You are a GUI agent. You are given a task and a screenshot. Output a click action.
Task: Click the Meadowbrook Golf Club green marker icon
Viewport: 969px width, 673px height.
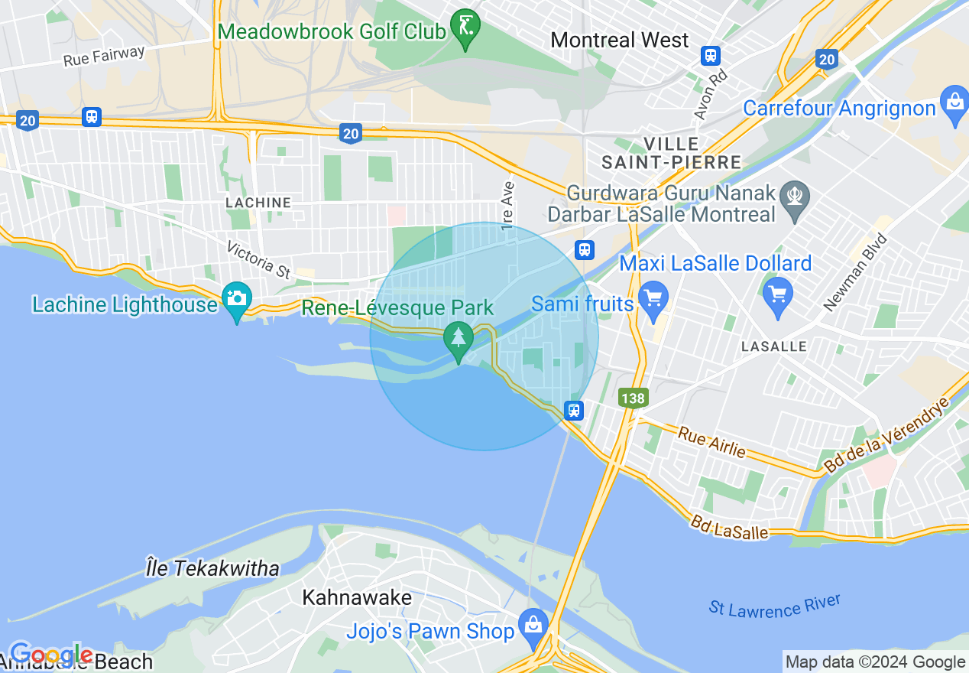coord(465,28)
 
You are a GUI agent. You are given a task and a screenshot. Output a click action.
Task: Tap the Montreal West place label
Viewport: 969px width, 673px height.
coord(620,40)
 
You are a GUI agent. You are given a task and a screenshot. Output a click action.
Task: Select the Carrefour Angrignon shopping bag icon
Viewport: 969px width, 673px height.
coord(954,106)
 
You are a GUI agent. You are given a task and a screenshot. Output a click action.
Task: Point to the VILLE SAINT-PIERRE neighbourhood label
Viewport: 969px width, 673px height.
coord(671,153)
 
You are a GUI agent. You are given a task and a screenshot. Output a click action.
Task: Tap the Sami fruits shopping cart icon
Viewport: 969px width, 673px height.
coord(653,299)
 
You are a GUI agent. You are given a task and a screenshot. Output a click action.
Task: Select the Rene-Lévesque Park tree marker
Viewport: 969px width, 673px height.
coord(459,340)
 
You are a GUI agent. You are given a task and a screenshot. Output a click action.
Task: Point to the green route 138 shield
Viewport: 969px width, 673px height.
coord(634,398)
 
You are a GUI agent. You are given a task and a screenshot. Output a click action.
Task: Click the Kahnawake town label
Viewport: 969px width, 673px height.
coord(357,597)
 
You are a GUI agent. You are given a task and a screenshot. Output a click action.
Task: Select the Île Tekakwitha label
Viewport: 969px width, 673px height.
coord(212,568)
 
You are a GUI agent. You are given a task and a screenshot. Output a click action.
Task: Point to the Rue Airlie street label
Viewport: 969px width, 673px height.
coord(711,442)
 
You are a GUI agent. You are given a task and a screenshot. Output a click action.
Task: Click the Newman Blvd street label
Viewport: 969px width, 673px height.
coord(856,272)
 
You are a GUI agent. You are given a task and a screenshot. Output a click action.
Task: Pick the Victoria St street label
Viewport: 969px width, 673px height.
coord(260,260)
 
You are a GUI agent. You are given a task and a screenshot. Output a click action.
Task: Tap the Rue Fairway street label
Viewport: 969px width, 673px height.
coord(104,56)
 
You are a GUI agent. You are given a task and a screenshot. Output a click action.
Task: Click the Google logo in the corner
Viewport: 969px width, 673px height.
coord(50,655)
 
